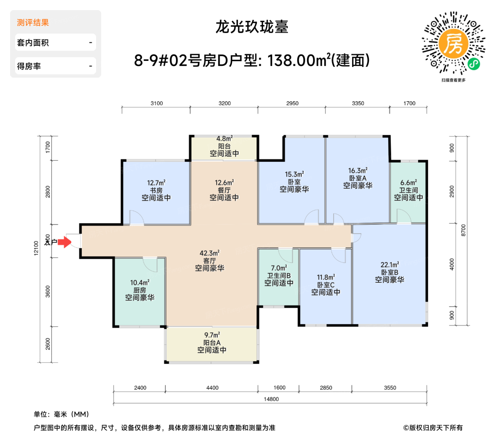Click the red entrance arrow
point(65,242)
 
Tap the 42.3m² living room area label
point(210,253)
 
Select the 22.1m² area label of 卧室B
point(390,265)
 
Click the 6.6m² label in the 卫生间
point(408,183)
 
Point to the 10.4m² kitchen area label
point(140,283)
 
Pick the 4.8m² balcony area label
point(224,139)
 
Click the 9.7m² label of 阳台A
point(212,335)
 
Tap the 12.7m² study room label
point(156,183)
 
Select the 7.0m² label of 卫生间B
point(279,268)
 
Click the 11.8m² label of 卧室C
point(326,277)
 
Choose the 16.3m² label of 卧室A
point(357,171)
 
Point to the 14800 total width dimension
point(271,399)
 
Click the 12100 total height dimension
point(36,248)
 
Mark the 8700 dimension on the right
point(463,230)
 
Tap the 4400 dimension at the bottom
point(212,388)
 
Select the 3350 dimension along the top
point(358,103)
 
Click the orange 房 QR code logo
point(454,44)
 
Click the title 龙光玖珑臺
point(252,27)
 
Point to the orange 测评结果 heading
point(33,23)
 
